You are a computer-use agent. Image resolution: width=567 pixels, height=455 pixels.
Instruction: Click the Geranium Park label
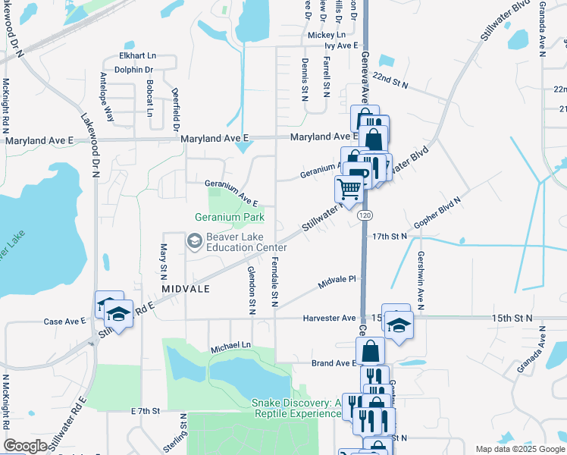(x=229, y=217)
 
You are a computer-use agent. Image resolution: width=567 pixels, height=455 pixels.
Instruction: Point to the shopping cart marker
(x=348, y=188)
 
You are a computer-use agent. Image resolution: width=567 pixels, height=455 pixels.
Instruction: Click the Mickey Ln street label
(x=326, y=35)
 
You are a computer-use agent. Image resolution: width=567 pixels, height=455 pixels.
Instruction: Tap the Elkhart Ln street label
(x=137, y=56)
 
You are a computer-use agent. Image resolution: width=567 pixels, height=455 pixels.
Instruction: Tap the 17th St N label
(x=390, y=237)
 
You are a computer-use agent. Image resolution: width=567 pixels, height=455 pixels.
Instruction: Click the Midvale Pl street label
(x=337, y=280)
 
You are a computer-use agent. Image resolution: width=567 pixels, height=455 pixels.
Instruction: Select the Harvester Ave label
(x=329, y=318)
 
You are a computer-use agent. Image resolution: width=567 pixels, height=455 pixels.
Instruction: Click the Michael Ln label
(x=230, y=345)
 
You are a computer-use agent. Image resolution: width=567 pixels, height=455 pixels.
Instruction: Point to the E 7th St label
(x=146, y=410)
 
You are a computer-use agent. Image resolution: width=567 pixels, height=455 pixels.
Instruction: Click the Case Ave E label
(x=64, y=322)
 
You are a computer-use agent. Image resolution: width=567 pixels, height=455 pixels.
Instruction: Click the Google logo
(x=26, y=446)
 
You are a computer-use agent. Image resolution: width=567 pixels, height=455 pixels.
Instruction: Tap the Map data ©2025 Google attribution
(x=518, y=449)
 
